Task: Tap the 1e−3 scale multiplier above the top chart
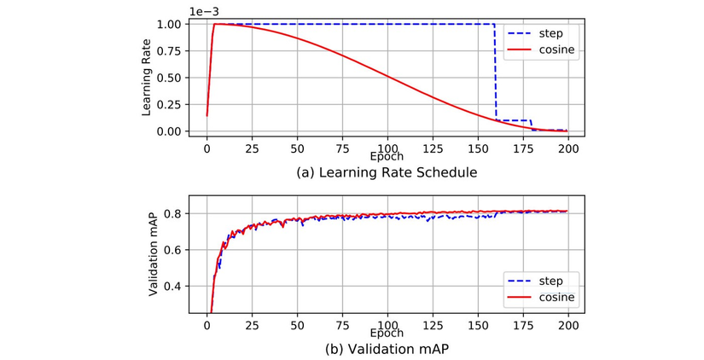(204, 9)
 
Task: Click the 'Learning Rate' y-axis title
(147, 78)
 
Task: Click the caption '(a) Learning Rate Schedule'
(386, 172)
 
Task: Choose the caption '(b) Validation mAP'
(386, 349)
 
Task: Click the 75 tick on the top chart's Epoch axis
(341, 148)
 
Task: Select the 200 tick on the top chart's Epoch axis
(568, 148)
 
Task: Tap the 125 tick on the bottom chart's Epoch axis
(432, 325)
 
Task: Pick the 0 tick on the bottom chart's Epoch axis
(207, 325)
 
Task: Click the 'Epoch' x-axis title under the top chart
(387, 158)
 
